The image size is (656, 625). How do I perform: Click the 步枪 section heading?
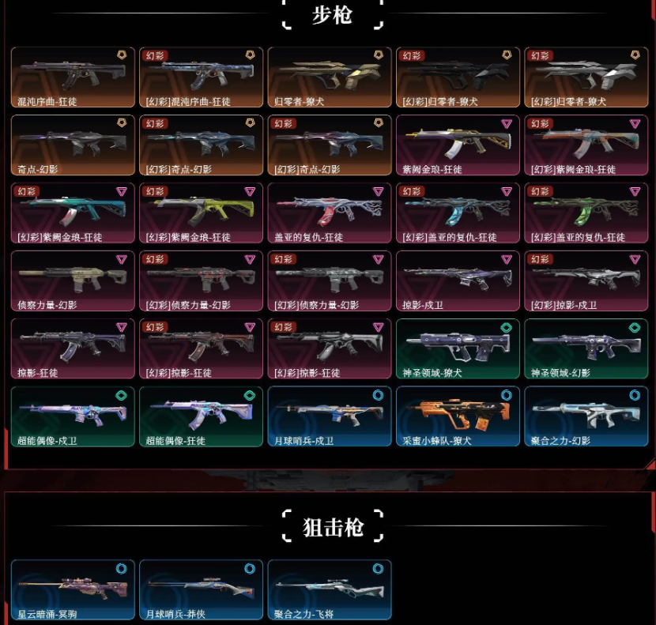coord(332,16)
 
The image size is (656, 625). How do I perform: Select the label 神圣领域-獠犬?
coord(432,373)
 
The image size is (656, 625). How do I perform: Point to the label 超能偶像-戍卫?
coord(48,441)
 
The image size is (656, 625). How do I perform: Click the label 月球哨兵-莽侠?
coord(175,614)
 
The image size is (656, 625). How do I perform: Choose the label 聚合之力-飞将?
coord(303,614)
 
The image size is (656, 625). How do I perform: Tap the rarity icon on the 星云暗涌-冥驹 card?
coord(122,568)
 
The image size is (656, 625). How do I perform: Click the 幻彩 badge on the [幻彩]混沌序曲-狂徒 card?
coord(154,56)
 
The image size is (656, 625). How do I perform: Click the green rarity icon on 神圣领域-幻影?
coord(634,327)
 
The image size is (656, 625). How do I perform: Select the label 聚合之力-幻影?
coord(560,441)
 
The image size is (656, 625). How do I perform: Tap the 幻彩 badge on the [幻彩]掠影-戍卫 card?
coord(540,259)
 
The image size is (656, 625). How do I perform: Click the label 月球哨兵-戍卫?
coord(304,441)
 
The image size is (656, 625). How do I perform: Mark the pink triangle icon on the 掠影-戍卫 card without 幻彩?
coord(506,259)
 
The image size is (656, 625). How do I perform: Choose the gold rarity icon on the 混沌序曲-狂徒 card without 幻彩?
coord(122,55)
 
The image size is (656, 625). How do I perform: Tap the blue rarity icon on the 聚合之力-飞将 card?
coord(378,568)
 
